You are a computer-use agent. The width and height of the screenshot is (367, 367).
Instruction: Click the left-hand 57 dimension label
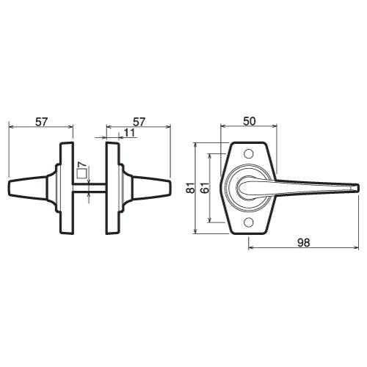41,122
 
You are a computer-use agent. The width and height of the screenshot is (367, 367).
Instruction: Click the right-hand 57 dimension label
139,122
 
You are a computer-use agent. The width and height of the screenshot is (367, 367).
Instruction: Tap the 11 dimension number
130,133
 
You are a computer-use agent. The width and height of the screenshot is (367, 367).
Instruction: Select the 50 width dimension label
250,121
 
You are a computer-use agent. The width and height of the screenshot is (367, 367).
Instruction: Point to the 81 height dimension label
190,188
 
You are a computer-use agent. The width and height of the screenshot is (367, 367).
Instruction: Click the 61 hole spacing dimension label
205,188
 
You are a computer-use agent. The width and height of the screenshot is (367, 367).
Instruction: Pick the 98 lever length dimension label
304,243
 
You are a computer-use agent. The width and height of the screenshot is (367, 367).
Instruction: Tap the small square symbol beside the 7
81,173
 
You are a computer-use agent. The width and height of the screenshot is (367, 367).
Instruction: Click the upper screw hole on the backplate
249,153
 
